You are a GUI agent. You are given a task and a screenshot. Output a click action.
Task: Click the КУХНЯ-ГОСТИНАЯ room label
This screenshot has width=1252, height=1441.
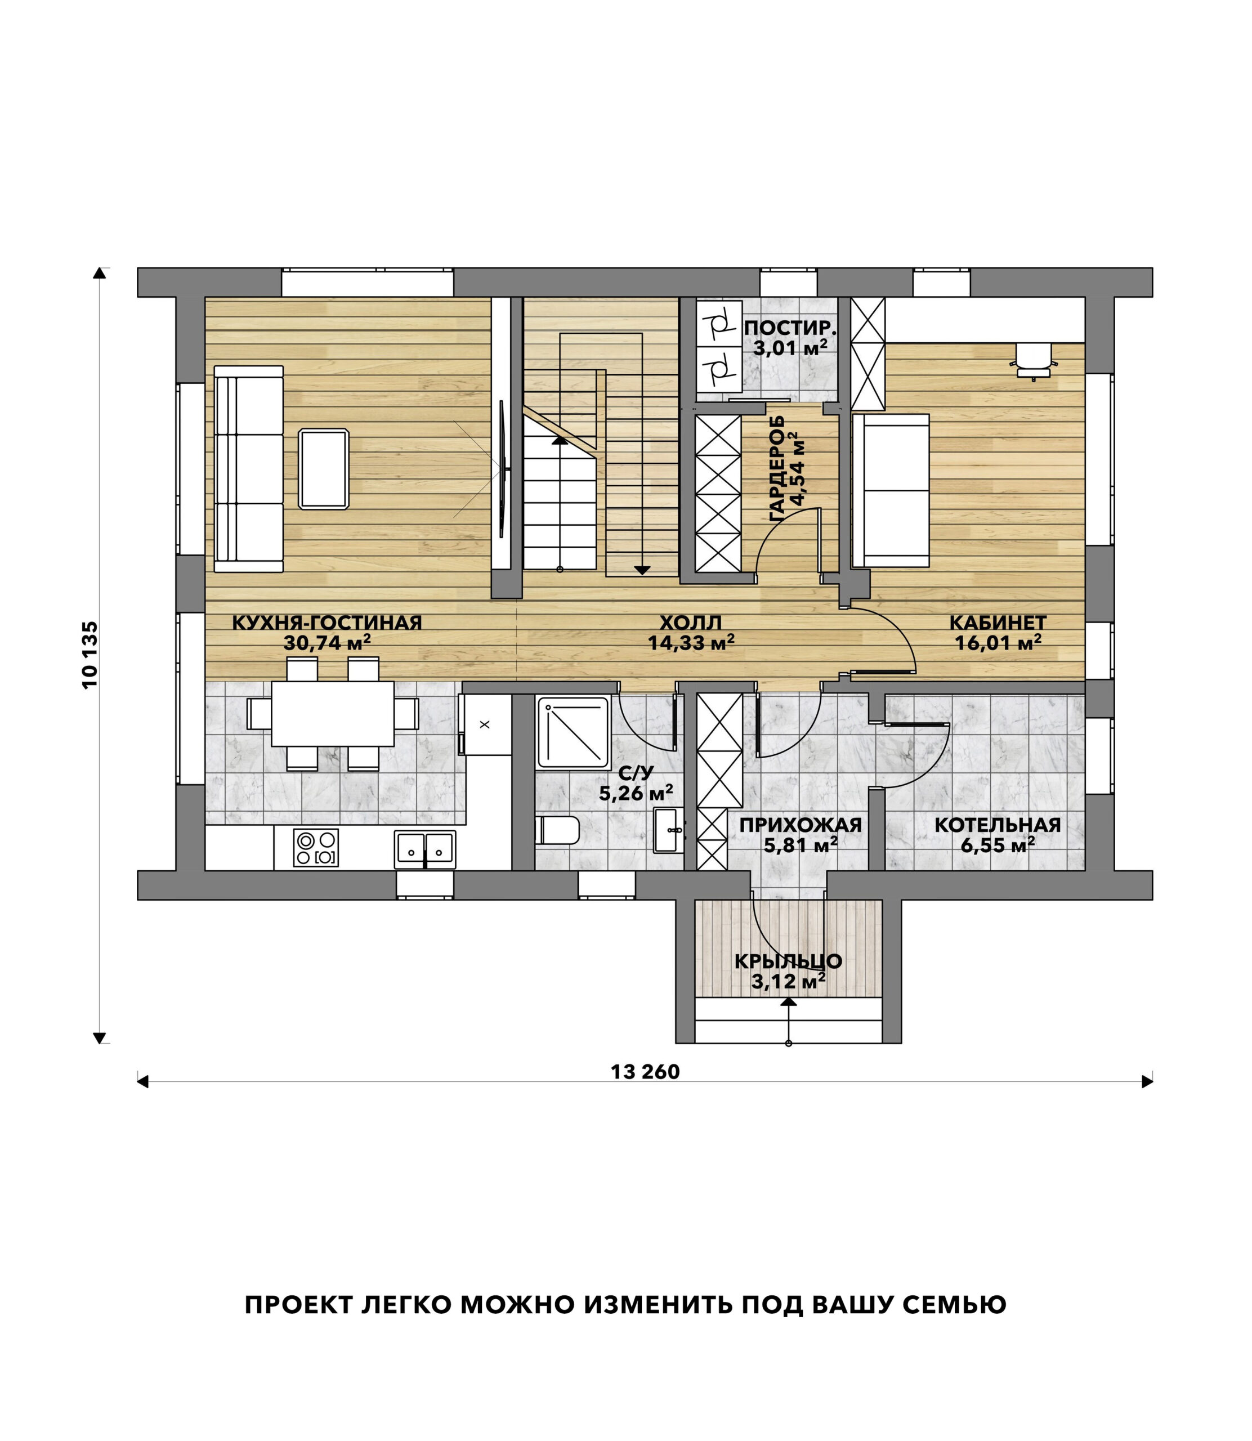click(x=327, y=623)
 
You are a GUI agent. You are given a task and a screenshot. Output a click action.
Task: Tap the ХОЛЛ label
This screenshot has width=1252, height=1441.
click(x=691, y=623)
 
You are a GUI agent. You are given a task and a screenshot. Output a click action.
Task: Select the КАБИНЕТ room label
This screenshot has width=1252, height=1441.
click(x=998, y=623)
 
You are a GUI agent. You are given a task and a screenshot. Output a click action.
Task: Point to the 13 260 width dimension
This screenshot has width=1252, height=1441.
click(x=645, y=1072)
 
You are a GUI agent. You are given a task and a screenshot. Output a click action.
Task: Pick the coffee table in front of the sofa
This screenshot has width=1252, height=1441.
click(x=324, y=469)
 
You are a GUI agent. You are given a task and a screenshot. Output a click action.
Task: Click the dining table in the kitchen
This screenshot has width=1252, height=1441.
click(x=333, y=714)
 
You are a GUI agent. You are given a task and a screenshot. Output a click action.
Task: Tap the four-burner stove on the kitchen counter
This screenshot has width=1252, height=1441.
click(x=316, y=848)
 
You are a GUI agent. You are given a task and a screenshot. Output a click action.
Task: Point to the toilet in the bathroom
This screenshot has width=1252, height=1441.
click(x=557, y=830)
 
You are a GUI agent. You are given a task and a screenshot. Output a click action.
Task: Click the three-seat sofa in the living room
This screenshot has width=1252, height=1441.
click(x=249, y=469)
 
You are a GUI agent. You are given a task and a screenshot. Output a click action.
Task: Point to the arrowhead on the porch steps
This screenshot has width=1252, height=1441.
click(x=789, y=1001)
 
